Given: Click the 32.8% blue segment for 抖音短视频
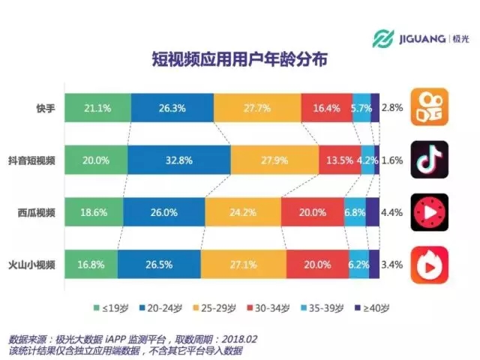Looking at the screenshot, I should point(178,160).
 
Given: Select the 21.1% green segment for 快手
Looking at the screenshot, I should point(97,108).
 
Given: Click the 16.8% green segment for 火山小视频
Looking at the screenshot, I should point(90,264).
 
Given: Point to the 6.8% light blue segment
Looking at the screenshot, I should point(355,212).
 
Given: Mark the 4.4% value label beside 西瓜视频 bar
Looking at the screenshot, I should point(392,212).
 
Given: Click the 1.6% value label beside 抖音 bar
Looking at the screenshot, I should point(392,160).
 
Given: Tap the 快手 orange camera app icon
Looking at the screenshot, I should point(430,108).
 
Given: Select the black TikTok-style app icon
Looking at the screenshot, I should point(430,159).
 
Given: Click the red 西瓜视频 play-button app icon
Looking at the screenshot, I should point(430,212).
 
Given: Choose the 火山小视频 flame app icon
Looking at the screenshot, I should point(430,265).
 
